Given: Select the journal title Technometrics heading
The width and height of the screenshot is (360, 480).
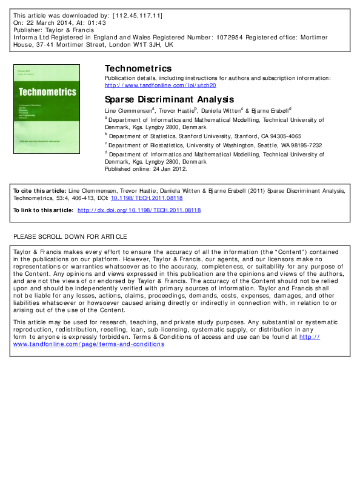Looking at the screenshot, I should pyautogui.click(x=138, y=68).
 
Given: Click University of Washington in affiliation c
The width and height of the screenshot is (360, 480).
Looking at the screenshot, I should pyautogui.click(x=221, y=145).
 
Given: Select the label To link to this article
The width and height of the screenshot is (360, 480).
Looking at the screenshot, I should pyautogui.click(x=43, y=210).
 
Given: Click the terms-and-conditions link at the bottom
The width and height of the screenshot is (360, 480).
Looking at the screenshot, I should pyautogui.click(x=88, y=344).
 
